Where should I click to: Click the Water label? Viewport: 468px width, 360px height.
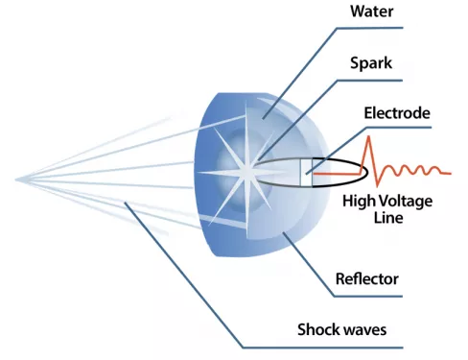372,12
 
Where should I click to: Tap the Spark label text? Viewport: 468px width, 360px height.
371,63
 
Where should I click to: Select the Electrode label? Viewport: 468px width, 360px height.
397,113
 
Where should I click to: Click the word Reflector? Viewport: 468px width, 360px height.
367,278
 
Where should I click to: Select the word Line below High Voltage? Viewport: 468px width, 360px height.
388,218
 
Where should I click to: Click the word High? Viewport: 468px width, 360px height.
359,202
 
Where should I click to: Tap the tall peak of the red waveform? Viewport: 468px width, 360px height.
369,137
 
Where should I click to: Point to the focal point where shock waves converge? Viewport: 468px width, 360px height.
16,180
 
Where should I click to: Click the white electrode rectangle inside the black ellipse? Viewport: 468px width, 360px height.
306,172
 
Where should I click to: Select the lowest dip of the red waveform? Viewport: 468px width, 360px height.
378,184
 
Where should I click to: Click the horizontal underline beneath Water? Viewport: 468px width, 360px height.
369,28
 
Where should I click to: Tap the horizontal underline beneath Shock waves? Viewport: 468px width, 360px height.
322,348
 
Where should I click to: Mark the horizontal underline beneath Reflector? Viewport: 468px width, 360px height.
368,297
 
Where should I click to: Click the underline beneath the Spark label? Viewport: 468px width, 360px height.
369,81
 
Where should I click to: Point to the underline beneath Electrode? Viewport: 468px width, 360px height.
398,128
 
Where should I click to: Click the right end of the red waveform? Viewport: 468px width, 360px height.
451,174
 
